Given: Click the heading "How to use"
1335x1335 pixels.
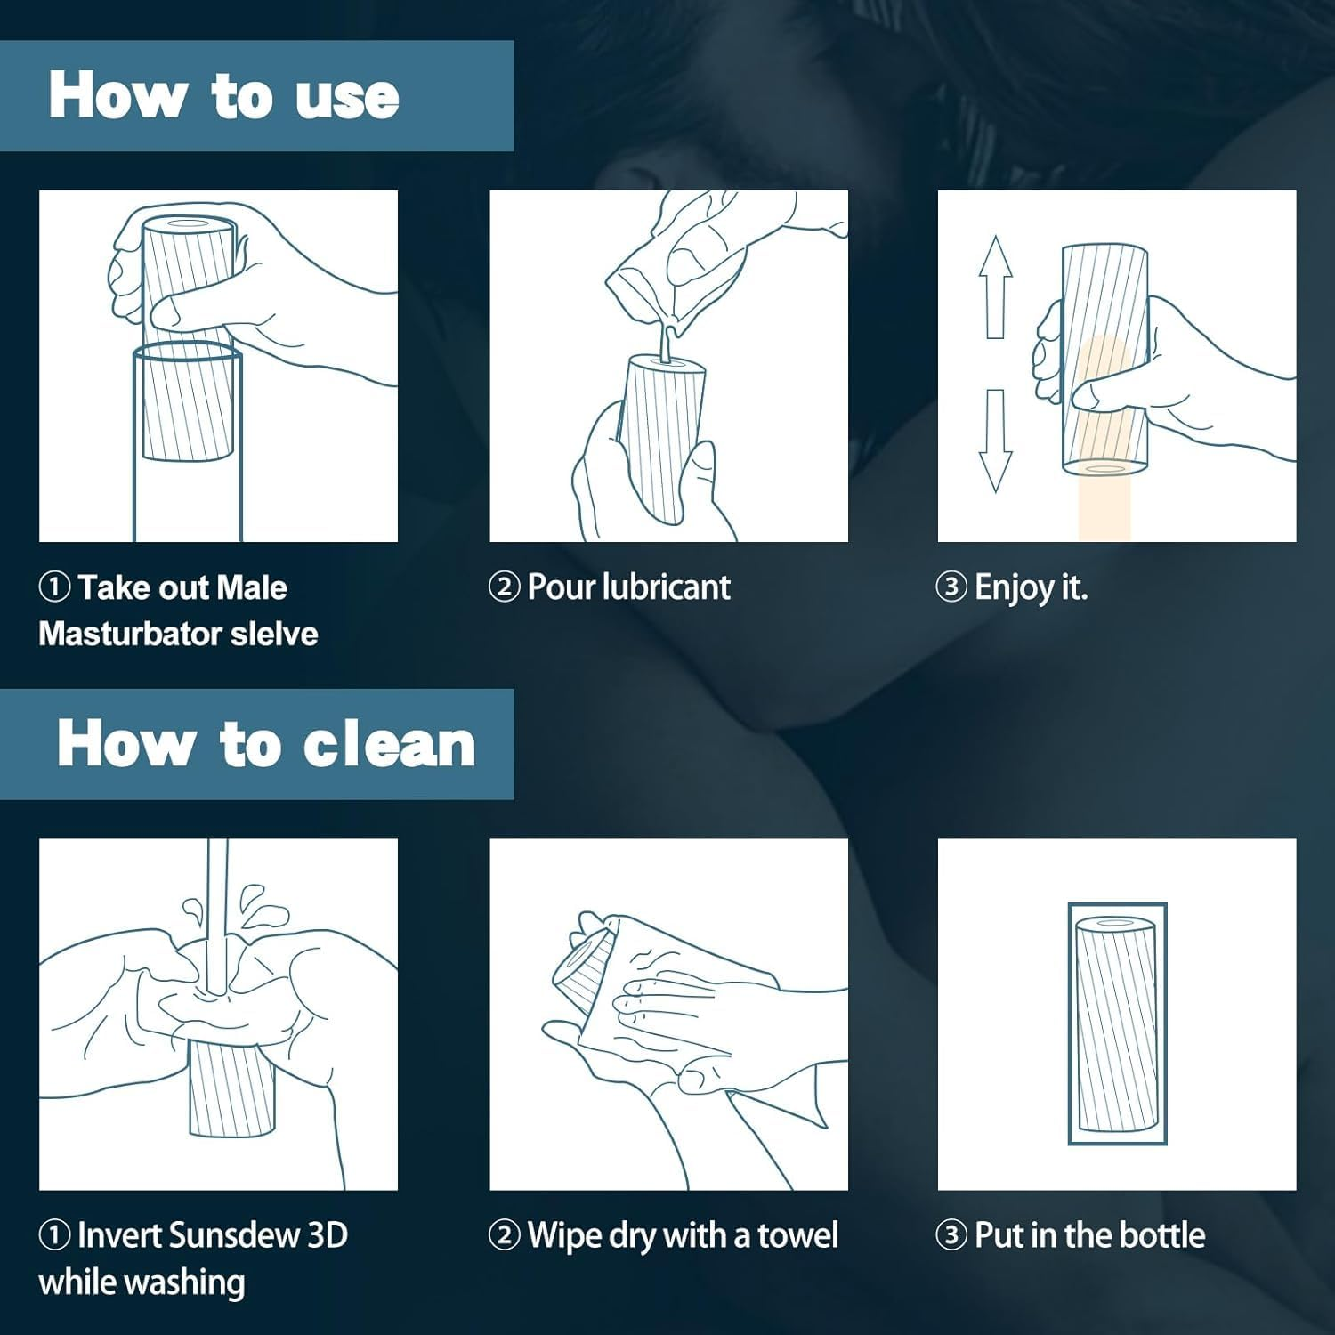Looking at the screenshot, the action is point(223,95).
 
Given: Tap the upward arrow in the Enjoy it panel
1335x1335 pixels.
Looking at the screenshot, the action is point(995,287).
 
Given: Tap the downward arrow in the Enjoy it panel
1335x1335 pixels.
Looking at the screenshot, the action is point(995,441).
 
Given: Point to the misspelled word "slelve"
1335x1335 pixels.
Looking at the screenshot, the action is point(274,634).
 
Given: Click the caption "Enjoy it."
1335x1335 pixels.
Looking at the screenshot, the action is point(1031,588).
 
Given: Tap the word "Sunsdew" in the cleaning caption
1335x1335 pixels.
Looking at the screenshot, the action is point(232,1235).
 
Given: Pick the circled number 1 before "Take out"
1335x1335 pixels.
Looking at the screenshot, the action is point(55,587).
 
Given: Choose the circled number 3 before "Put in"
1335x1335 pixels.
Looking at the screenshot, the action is point(951,1235).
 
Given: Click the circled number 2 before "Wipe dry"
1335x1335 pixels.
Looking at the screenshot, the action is point(504,1235).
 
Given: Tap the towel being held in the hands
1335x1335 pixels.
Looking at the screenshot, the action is point(676,988).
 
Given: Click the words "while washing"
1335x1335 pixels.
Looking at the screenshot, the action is point(142,1282).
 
